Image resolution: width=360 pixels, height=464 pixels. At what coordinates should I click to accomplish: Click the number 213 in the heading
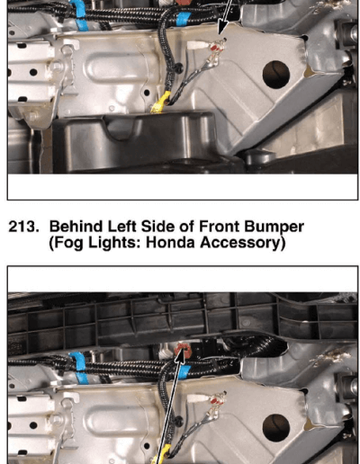(23, 227)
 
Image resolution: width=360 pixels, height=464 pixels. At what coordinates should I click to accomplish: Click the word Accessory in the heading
(239, 244)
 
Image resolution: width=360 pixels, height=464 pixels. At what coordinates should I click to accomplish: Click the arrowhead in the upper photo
(221, 30)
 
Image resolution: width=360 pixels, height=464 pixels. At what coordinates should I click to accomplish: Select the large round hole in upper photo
(276, 75)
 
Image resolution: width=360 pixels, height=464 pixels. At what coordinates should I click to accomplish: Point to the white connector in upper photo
(196, 46)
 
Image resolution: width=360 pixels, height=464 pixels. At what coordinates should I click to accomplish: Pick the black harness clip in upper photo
(179, 67)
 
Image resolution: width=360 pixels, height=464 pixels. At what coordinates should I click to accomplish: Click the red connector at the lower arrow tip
(183, 350)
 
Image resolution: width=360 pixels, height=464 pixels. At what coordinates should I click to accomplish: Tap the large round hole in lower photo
(276, 428)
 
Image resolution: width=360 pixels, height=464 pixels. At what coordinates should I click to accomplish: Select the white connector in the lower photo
(196, 399)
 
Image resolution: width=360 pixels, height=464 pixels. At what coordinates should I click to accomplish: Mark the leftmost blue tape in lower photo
(79, 368)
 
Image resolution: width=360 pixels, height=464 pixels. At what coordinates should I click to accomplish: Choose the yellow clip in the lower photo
(161, 456)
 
